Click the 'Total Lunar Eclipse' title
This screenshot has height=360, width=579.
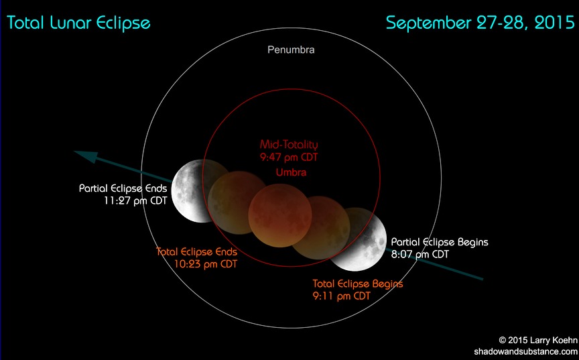coord(78,23)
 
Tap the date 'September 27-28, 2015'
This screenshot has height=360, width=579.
coord(480,23)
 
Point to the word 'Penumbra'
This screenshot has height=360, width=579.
coord(291,50)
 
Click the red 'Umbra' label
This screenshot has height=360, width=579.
coord(291,172)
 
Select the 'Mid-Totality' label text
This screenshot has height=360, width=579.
coord(289,144)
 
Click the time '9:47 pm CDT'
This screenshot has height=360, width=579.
coord(289,158)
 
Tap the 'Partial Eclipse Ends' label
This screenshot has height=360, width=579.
coord(123,188)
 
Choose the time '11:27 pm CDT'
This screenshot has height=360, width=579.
coord(135,201)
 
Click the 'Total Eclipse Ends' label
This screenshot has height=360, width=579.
coord(197,252)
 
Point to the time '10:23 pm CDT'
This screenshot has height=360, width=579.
coord(206,264)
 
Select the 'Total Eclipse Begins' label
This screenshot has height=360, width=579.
coord(358,284)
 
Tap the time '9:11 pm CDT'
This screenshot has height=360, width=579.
coord(342,296)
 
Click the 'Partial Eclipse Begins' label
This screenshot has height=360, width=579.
coord(440,242)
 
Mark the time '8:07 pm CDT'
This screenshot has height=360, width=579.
coord(420,254)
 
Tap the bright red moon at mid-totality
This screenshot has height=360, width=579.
coord(280,216)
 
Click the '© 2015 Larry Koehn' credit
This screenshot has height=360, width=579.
coord(538,340)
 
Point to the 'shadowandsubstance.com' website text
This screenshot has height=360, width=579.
coord(526,351)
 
